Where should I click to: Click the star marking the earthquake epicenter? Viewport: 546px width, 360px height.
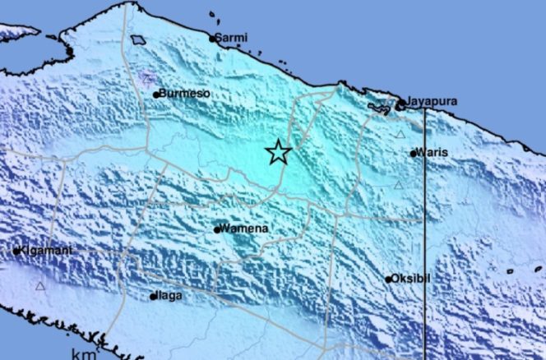[279, 152]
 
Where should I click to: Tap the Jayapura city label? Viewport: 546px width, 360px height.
[432, 102]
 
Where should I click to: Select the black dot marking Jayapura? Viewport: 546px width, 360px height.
[400, 104]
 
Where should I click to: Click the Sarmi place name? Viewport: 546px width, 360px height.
[232, 37]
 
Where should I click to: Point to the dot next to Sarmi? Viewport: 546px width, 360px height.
[212, 38]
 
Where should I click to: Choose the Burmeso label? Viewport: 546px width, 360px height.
[185, 94]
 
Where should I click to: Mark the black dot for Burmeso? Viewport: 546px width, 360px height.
[156, 95]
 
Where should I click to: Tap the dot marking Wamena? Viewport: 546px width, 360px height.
[217, 230]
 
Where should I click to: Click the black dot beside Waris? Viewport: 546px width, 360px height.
[414, 153]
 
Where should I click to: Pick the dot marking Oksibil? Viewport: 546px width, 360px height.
[389, 279]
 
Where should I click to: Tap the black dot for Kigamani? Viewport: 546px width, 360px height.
[16, 251]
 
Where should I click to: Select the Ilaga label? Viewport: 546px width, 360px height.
[170, 295]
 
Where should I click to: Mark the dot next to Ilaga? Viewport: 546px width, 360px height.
[153, 296]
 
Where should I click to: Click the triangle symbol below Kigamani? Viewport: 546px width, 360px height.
[39, 286]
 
